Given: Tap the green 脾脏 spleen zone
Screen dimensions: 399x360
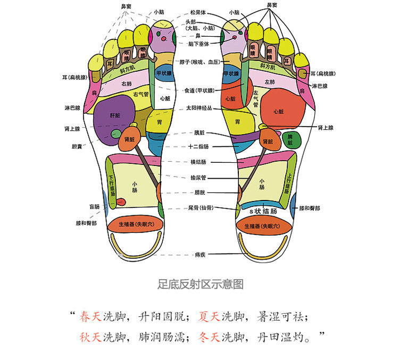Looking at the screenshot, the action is (x=292, y=140).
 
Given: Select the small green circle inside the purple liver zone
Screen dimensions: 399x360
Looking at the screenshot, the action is (x=117, y=133).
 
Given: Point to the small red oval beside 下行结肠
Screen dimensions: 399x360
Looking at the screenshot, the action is (x=121, y=202).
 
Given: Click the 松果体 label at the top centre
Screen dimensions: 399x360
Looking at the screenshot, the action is (x=198, y=12).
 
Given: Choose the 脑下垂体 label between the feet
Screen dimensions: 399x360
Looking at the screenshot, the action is (x=198, y=44).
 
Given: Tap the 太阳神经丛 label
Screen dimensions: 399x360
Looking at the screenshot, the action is (x=199, y=108).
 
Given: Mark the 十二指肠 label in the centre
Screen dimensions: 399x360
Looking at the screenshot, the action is (x=198, y=147).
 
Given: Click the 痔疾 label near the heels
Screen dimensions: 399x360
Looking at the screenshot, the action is (x=200, y=255).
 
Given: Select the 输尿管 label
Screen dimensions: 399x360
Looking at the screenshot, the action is (x=198, y=178).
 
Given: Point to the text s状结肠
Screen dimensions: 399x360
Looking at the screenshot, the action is (x=263, y=212).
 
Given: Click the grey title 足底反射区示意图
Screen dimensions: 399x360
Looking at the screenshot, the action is (x=201, y=284).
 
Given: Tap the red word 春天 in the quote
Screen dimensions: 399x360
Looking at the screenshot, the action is (x=90, y=317).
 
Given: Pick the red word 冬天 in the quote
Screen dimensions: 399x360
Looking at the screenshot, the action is (x=209, y=337).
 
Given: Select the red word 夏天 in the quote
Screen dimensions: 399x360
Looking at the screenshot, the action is (x=209, y=317).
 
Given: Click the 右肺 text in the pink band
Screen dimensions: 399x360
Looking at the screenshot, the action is (x=127, y=83).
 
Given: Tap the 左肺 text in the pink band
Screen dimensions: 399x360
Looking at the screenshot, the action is (x=270, y=82).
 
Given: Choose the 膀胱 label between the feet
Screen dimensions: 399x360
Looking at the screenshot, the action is (x=199, y=192).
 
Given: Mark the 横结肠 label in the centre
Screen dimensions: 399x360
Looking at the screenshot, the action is (x=198, y=162).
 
